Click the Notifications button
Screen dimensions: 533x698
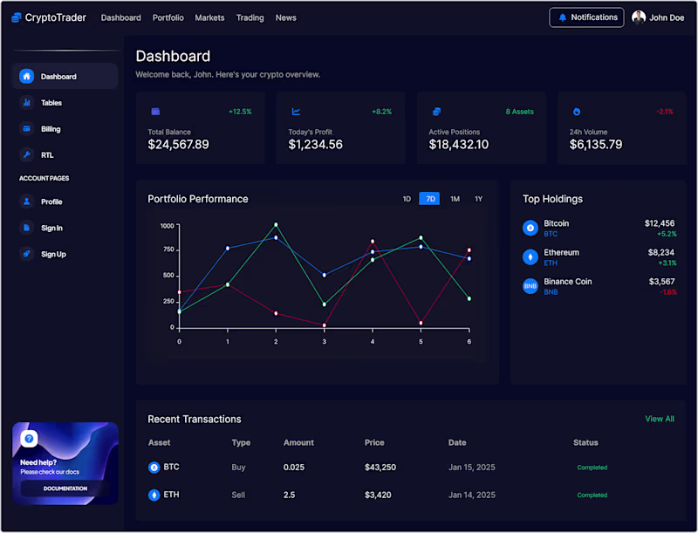(586, 17)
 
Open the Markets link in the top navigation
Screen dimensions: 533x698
(209, 17)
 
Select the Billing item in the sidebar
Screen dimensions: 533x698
(51, 129)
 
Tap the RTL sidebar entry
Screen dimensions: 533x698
(47, 155)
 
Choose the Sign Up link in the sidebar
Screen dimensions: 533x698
(53, 255)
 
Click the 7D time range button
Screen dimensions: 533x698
(429, 199)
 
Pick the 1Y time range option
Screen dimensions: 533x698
(478, 199)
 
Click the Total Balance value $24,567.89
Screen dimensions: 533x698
(178, 145)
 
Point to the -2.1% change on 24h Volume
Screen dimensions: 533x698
(665, 112)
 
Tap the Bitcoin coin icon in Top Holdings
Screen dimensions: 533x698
(530, 228)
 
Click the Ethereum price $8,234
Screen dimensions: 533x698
(660, 252)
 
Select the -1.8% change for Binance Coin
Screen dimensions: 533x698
(667, 292)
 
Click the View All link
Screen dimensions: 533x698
(660, 419)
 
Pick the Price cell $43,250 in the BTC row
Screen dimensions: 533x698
(380, 468)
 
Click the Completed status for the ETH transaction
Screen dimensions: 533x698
(592, 495)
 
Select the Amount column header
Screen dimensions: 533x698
(298, 443)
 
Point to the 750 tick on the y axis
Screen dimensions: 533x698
(168, 250)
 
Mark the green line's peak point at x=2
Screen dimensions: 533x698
(276, 224)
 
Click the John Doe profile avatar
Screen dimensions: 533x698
(639, 17)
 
